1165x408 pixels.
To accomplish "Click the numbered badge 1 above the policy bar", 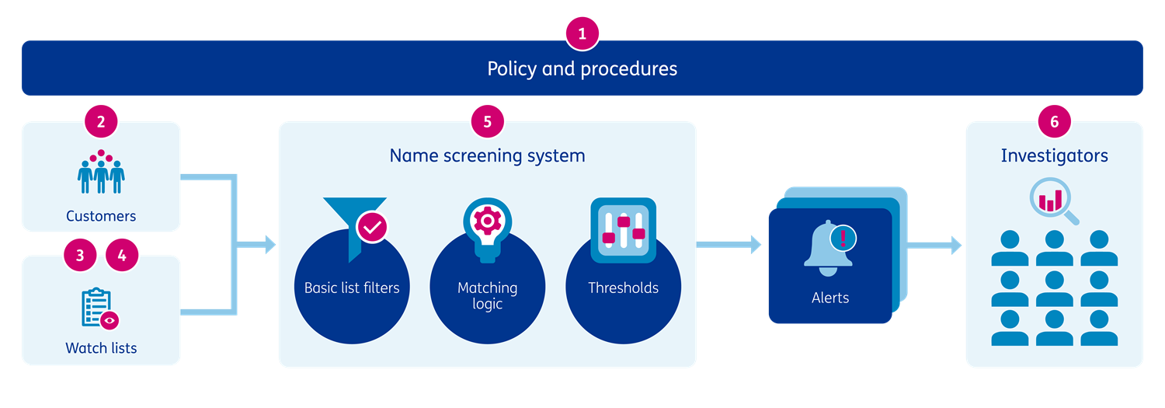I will [x=582, y=34].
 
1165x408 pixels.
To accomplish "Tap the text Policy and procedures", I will [x=582, y=69].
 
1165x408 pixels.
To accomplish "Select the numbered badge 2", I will [x=101, y=121].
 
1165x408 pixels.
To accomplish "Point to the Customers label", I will [x=101, y=216].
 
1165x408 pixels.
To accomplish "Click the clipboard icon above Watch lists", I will [x=100, y=309].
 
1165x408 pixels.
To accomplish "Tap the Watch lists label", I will [x=101, y=348].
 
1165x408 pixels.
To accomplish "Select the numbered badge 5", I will [x=487, y=121].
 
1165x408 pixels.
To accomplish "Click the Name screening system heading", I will [x=487, y=155].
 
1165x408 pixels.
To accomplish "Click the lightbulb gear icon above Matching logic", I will [x=487, y=225].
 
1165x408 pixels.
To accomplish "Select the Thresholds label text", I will [x=623, y=288].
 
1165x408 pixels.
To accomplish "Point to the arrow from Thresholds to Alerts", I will [x=729, y=245].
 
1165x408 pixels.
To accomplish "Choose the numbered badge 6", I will [x=1054, y=121].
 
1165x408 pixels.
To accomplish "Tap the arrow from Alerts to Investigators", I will [x=935, y=246].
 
